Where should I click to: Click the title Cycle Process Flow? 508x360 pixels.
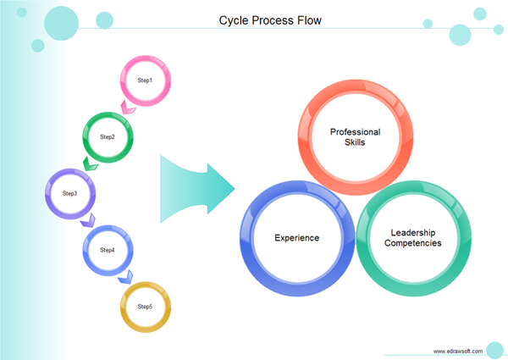point(270,19)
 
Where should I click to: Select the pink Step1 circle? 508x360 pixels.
point(145,80)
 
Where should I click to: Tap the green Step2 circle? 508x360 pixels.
point(108,136)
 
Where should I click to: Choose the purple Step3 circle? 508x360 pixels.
point(69,193)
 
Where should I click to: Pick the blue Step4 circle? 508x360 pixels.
point(107,250)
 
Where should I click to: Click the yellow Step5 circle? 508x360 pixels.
point(145,306)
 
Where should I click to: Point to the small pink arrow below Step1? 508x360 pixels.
point(129,108)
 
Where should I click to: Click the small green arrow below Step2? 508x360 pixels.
point(90,163)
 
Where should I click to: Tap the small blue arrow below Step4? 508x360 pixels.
point(125,276)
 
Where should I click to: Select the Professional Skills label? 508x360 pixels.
point(355,137)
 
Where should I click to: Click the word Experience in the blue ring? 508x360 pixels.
point(297,238)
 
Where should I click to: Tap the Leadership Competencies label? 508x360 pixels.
point(412,238)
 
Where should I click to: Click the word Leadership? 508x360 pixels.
point(412,232)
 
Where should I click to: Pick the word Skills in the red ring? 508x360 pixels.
point(355,143)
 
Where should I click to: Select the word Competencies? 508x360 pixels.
point(412,244)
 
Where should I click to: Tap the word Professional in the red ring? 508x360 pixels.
point(355,132)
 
